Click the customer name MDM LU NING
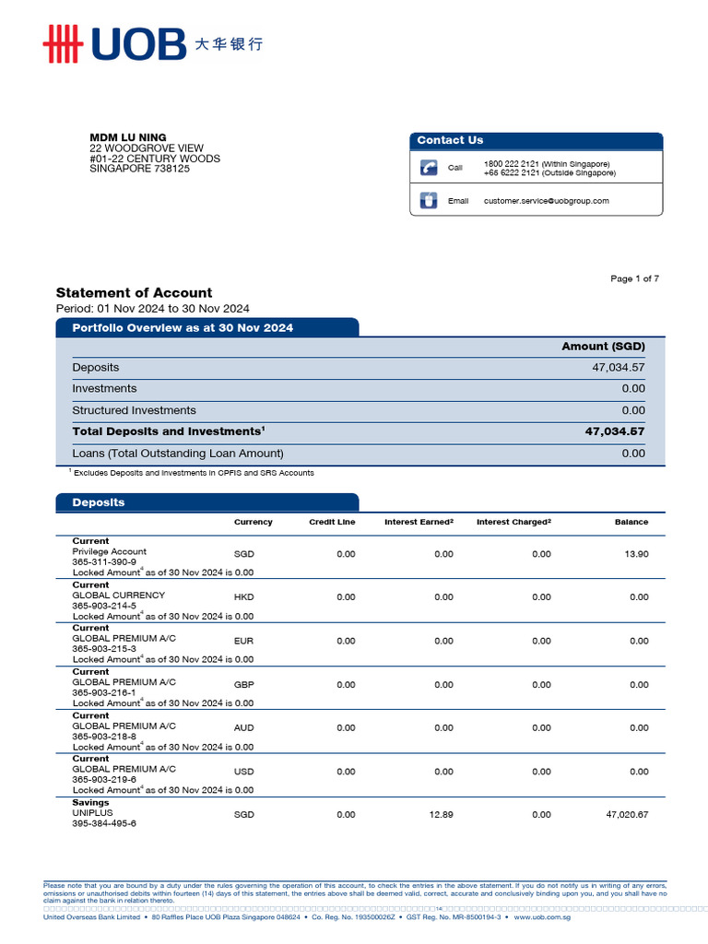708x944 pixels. coord(128,137)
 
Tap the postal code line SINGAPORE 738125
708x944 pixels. coord(139,169)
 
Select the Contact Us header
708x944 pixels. coord(450,140)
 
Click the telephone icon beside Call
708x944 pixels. coord(429,167)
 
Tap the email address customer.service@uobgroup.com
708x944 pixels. coord(546,201)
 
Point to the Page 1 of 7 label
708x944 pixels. coord(634,278)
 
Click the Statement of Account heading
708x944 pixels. coord(134,292)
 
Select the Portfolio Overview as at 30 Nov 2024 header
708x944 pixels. coord(183,328)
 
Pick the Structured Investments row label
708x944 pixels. coord(134,410)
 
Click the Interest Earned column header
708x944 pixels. coord(419,522)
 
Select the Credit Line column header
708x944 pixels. coord(332,522)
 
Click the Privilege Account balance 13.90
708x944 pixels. coord(636,554)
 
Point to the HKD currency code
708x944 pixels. coord(243,597)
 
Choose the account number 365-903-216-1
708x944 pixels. coord(104,692)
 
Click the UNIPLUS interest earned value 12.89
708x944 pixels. coord(442,815)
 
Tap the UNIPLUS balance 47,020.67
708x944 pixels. coord(627,815)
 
